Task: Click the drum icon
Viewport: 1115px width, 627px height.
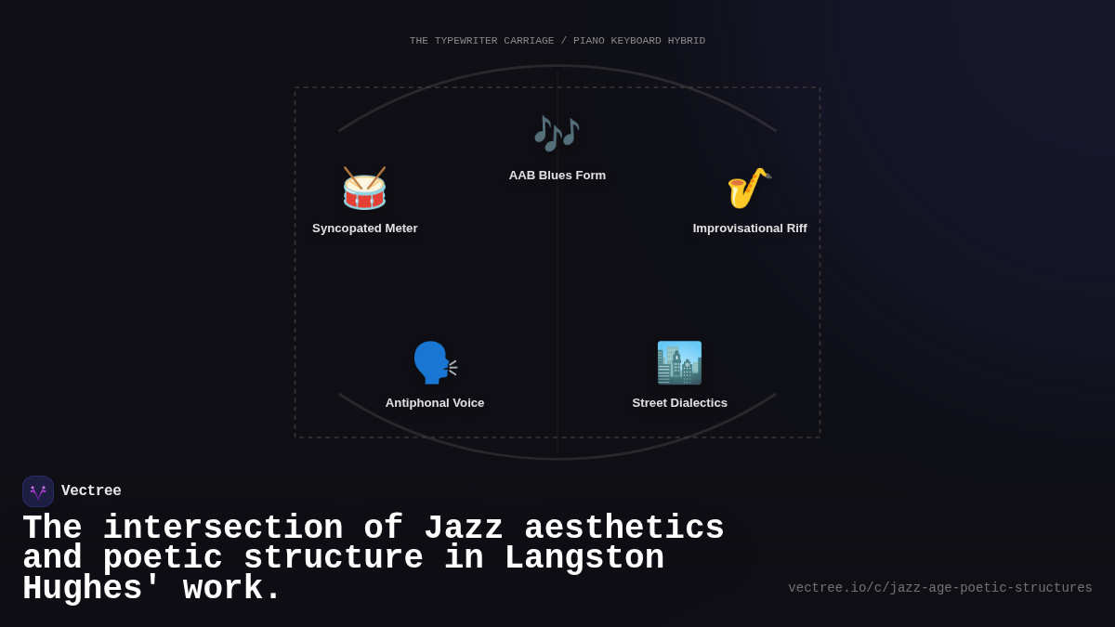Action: (364, 189)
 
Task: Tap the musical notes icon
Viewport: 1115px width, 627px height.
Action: (557, 134)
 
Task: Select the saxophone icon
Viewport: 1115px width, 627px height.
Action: (749, 189)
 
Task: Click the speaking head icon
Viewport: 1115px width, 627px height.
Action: (435, 362)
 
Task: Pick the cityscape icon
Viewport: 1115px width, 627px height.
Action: (679, 362)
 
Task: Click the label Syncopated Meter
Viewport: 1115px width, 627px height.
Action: (365, 229)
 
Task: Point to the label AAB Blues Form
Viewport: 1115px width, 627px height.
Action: (557, 176)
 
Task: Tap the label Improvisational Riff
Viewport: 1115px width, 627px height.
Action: (750, 229)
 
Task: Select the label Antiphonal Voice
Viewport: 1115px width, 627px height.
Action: (435, 403)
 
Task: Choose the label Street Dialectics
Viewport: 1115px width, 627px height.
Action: (680, 403)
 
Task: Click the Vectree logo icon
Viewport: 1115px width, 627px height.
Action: (38, 491)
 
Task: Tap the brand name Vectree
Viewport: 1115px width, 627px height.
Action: (91, 491)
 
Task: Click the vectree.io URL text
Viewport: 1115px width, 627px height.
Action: (940, 588)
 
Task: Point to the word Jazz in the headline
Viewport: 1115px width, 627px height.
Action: (464, 529)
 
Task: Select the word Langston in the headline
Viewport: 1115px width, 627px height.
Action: (584, 558)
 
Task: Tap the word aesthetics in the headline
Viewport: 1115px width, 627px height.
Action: (624, 529)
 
